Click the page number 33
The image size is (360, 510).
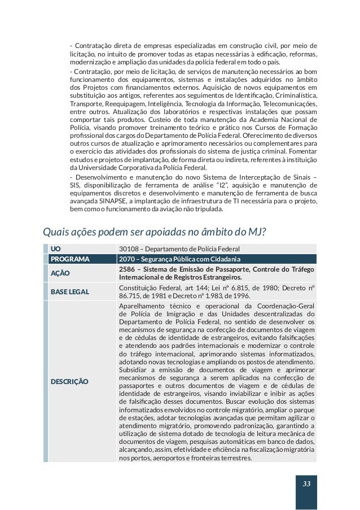pyautogui.click(x=306, y=484)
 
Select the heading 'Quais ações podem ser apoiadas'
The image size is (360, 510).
pyautogui.click(x=155, y=232)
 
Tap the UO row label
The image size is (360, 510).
pyautogui.click(x=55, y=249)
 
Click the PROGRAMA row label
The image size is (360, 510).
pyautogui.click(x=70, y=259)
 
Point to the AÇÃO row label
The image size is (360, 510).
pyautogui.click(x=60, y=273)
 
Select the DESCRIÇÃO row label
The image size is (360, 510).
pyautogui.click(x=69, y=382)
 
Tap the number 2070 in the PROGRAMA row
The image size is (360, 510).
pyautogui.click(x=128, y=259)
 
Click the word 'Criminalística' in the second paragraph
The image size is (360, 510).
pyautogui.click(x=294, y=97)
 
